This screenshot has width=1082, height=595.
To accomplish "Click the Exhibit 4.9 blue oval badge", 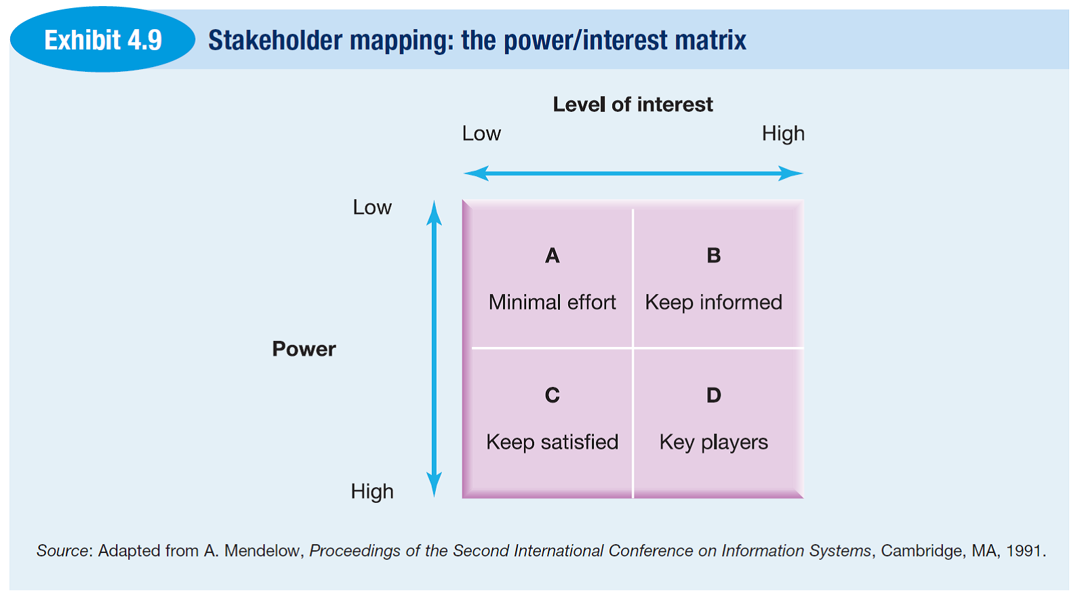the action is click(x=102, y=39).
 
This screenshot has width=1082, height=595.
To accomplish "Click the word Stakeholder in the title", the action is click(x=275, y=40).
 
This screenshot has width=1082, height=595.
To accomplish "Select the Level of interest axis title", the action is click(x=633, y=104).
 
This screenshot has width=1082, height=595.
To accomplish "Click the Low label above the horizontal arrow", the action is click(x=481, y=134).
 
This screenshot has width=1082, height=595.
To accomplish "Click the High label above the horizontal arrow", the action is click(x=783, y=134).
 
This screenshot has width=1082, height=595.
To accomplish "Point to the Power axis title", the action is click(x=304, y=349).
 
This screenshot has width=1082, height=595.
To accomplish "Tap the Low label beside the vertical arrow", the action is click(x=372, y=207).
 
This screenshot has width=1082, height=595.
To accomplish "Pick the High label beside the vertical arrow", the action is click(x=372, y=491).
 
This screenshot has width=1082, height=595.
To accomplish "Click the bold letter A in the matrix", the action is click(x=552, y=255).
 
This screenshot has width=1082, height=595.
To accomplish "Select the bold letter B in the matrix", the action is click(x=713, y=255).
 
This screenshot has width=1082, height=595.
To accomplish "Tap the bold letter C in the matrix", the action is click(x=552, y=395).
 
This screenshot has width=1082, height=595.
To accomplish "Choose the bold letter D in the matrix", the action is click(x=713, y=395).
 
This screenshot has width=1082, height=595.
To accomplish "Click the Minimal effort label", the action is click(x=552, y=302).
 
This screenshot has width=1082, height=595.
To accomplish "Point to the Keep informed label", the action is click(x=713, y=303).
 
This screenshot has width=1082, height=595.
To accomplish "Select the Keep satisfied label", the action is click(x=552, y=442).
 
